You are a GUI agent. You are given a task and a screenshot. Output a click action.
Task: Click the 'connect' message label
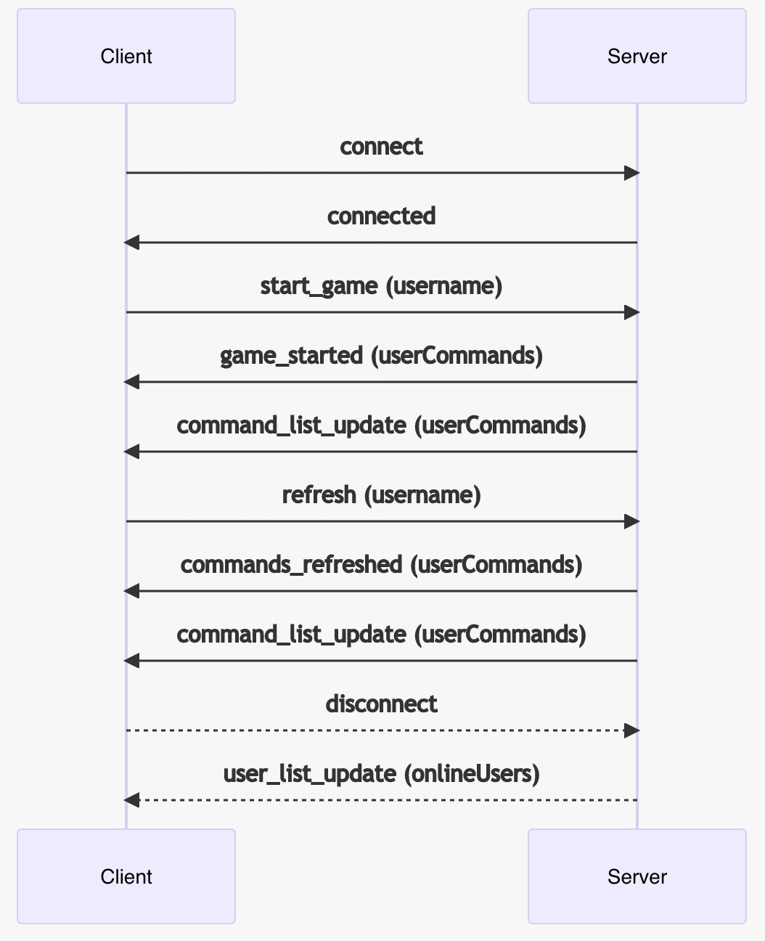381,147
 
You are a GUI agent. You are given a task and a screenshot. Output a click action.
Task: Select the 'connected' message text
381,216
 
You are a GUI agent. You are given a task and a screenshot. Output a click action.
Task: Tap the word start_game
319,286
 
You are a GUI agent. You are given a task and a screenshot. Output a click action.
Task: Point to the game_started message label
381,356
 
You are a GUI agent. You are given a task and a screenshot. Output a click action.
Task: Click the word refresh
319,495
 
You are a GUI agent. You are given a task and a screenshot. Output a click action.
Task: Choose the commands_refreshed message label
381,565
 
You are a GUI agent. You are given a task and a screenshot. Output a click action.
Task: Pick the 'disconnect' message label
381,704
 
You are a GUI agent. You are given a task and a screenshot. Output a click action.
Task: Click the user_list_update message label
381,774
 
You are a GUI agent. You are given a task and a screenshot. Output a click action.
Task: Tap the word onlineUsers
475,774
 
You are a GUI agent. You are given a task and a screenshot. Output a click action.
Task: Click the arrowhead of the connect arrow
631,173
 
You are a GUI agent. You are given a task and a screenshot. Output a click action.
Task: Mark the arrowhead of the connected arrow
131,243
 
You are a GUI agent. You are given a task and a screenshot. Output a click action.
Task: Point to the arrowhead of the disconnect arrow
631,730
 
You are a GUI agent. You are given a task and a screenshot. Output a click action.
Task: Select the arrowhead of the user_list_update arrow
131,800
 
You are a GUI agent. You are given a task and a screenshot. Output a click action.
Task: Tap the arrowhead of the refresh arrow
631,521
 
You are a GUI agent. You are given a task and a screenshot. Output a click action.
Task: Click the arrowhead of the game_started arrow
131,382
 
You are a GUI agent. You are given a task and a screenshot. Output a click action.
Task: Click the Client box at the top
126,56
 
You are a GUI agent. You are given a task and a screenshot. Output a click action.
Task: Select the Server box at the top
637,56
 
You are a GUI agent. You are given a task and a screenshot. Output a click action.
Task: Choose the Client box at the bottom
126,876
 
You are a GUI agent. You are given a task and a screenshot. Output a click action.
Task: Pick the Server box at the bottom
637,876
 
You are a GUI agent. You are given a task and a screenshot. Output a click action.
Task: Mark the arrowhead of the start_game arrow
631,312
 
